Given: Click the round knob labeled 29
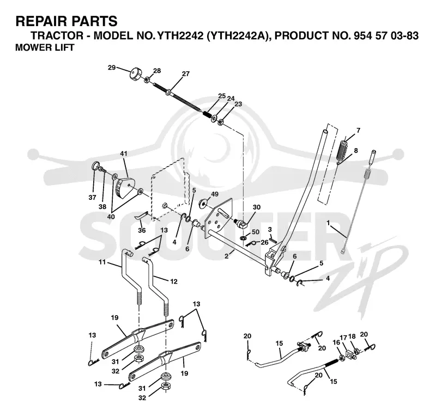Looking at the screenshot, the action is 135,74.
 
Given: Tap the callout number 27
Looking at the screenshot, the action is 185,73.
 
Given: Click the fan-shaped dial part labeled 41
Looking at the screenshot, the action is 125,187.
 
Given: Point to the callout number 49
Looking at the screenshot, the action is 215,194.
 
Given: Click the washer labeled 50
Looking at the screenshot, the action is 244,238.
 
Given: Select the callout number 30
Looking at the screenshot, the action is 256,207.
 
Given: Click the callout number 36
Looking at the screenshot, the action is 142,230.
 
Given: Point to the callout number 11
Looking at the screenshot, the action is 102,262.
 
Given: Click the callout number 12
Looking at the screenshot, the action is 174,281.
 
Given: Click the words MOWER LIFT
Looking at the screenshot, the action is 45,47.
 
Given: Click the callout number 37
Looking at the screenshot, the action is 92,197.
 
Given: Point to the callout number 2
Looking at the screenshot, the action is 227,256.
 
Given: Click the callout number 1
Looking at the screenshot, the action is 329,223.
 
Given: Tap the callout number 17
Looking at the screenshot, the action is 344,338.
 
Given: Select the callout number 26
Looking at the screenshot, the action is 264,242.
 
